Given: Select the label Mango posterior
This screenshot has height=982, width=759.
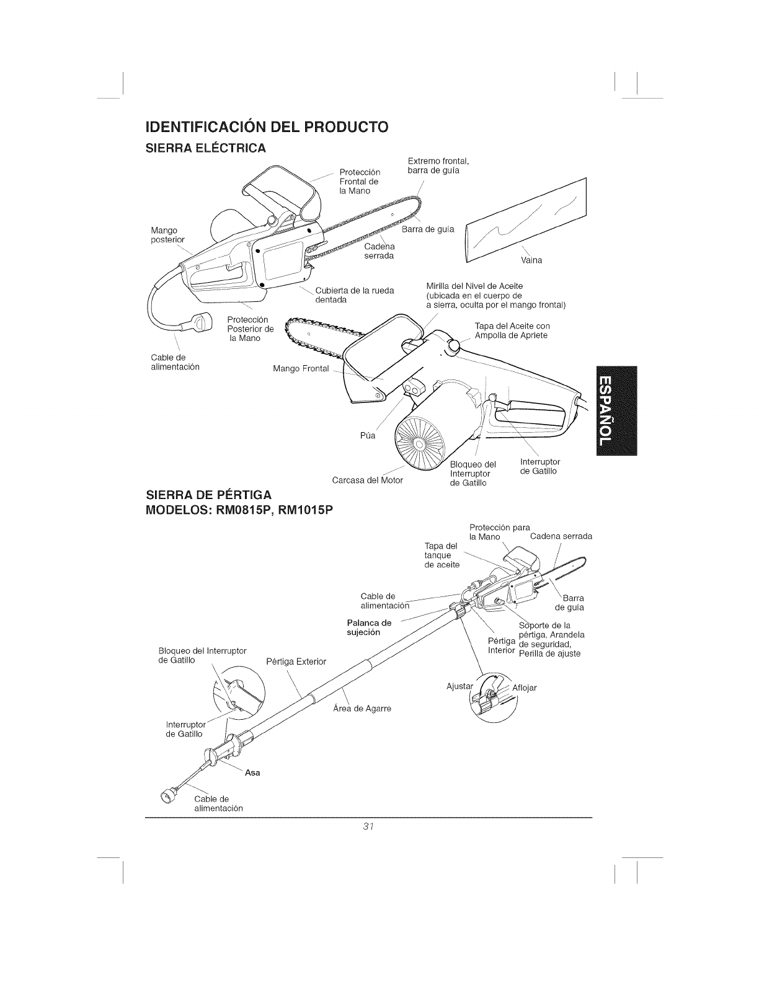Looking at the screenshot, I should (x=167, y=235).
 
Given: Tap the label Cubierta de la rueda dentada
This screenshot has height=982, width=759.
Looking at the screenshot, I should (x=355, y=295).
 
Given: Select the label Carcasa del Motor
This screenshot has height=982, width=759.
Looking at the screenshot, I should (x=368, y=480).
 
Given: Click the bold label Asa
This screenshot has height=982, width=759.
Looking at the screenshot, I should (x=252, y=772).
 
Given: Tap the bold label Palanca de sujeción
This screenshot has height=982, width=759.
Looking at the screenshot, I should (x=369, y=627).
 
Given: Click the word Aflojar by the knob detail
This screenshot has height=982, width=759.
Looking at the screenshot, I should (x=525, y=688).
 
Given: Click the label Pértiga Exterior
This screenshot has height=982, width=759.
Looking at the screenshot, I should (x=296, y=661).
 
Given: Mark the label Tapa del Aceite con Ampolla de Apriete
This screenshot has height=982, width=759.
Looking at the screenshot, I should (x=512, y=330).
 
